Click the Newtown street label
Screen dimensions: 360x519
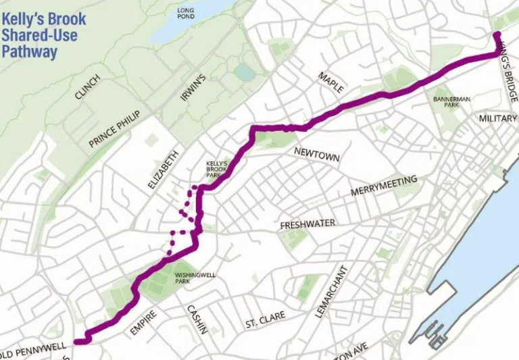316,153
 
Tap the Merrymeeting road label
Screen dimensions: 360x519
384,186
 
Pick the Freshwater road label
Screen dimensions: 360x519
307,224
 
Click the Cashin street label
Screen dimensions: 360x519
196,318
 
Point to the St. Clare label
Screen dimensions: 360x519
266,316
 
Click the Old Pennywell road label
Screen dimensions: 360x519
34,353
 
